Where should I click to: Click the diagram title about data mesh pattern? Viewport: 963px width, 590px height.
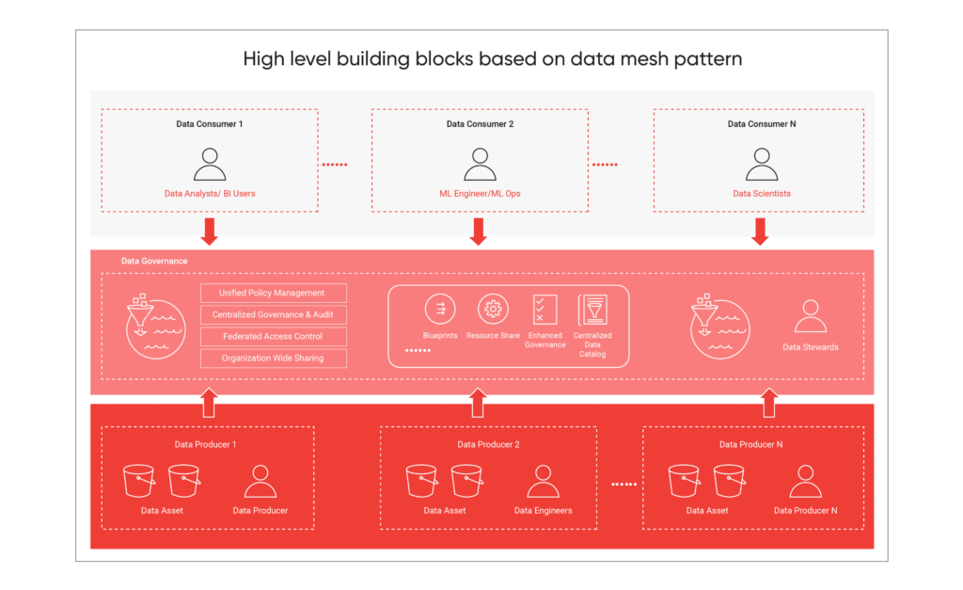click(x=492, y=59)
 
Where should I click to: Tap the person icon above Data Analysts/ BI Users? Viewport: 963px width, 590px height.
click(x=210, y=164)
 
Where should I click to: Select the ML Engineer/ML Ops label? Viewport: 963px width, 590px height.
click(x=480, y=194)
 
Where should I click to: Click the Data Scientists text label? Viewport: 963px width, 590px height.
click(x=762, y=194)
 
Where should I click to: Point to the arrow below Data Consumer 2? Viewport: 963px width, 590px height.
click(x=478, y=231)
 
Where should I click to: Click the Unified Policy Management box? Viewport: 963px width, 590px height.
click(x=273, y=294)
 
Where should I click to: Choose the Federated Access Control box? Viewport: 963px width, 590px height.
click(x=273, y=337)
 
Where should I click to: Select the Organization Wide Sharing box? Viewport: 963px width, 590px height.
click(x=273, y=359)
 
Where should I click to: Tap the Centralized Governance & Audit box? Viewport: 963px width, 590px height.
click(x=273, y=315)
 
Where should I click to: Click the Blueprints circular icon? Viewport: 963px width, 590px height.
click(x=440, y=309)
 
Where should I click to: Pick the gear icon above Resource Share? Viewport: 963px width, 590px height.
click(x=492, y=309)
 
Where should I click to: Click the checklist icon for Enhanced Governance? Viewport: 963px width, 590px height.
click(x=545, y=310)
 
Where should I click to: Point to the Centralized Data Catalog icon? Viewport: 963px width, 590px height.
click(x=592, y=310)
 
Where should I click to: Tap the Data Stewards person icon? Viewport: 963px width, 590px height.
click(x=810, y=317)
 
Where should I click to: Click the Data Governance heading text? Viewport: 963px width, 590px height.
click(x=154, y=262)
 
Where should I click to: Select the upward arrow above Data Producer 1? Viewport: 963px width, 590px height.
click(x=209, y=402)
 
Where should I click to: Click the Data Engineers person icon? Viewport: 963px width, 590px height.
click(x=543, y=481)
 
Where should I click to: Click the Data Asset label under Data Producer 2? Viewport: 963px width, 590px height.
click(x=445, y=511)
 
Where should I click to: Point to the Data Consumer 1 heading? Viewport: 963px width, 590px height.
click(x=209, y=124)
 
